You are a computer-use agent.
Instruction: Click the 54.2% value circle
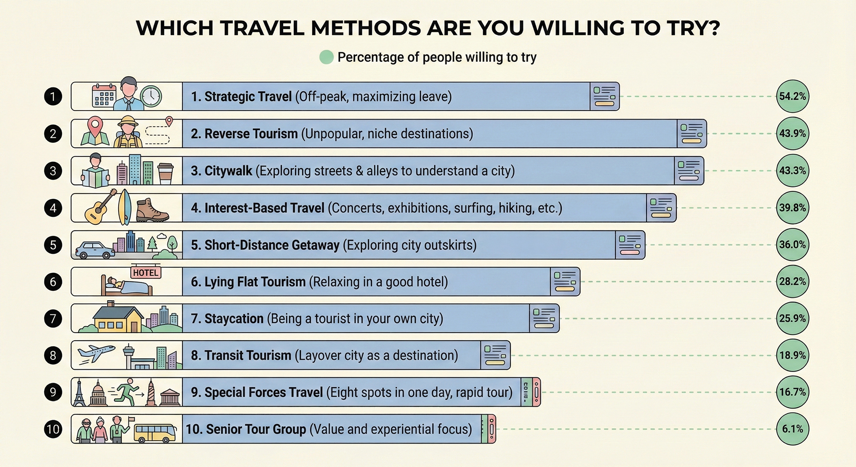point(792,96)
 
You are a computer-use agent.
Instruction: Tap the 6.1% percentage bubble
point(792,429)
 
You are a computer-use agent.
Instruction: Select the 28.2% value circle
point(792,281)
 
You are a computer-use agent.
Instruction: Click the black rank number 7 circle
point(53,318)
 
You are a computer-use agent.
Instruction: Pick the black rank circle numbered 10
point(53,429)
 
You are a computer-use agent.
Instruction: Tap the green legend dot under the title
point(326,57)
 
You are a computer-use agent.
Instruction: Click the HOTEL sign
point(145,273)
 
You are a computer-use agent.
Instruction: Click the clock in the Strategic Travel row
point(151,96)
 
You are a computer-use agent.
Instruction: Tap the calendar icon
point(104,95)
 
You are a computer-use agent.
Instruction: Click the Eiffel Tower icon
point(79,393)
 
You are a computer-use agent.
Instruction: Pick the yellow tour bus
point(155,432)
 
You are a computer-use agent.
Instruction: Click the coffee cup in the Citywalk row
point(165,173)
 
